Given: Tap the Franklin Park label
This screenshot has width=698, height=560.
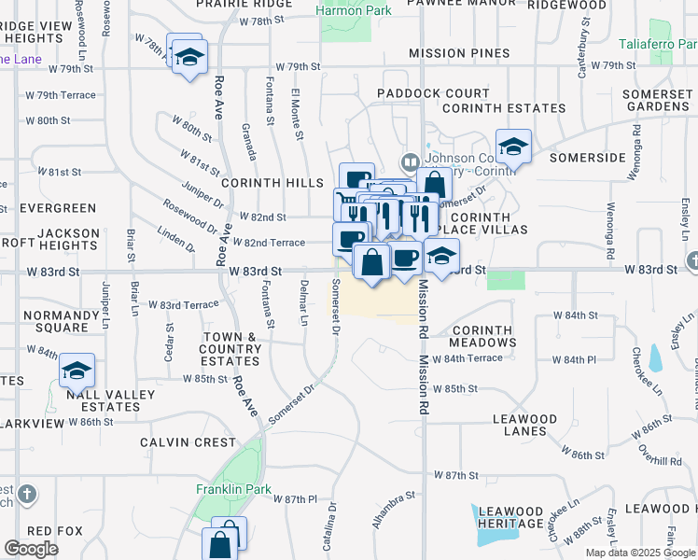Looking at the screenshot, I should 225,489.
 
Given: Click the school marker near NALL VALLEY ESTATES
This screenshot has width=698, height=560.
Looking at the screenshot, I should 77,372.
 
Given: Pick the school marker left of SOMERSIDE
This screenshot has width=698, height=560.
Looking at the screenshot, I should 513,147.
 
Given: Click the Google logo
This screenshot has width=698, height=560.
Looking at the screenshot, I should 32,549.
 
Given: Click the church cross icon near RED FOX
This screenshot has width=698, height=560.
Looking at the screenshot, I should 28,493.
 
